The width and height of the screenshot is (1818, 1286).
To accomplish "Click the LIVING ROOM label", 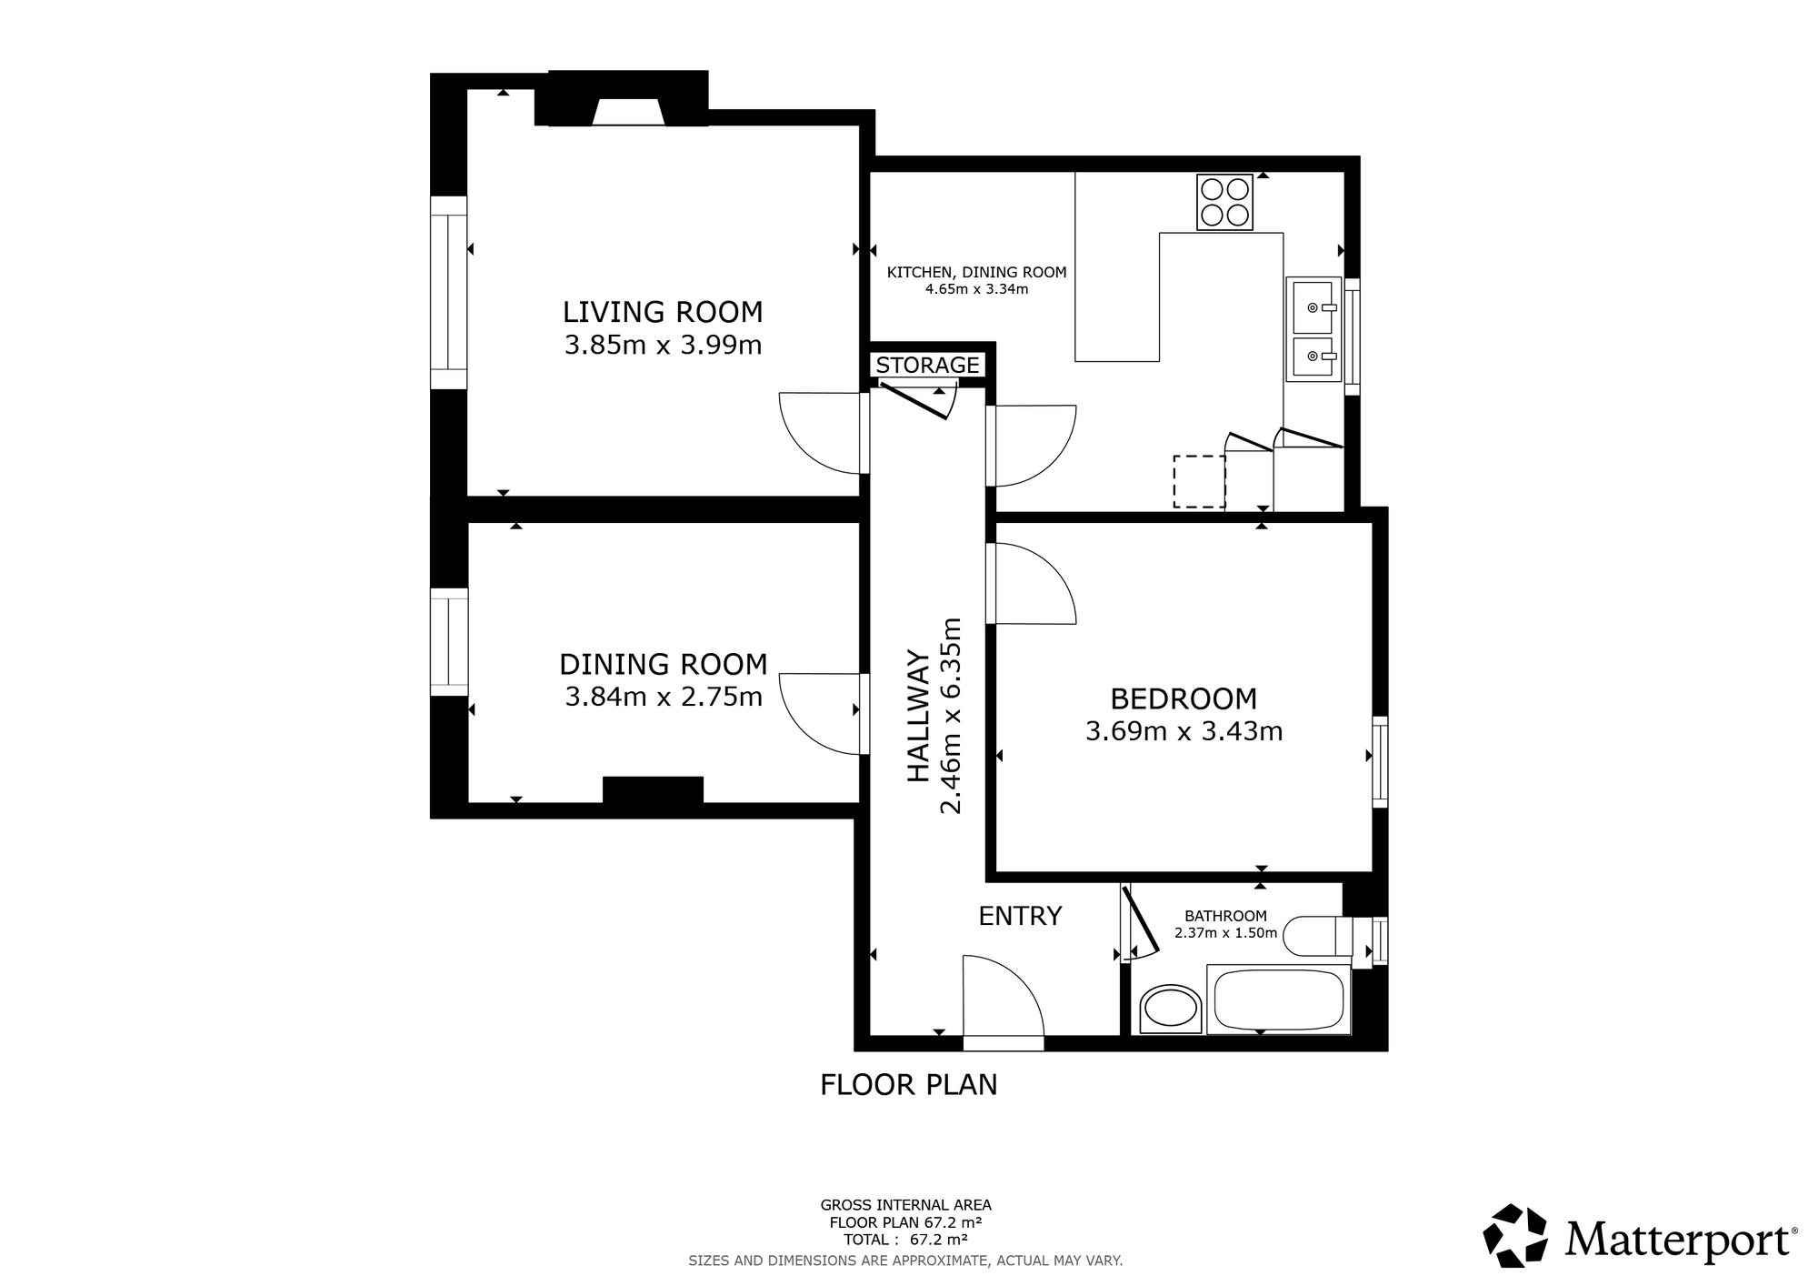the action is click(x=663, y=312).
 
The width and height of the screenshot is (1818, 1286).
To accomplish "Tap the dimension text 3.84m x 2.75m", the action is click(x=664, y=697).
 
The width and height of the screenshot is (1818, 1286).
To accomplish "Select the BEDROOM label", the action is click(x=1184, y=698).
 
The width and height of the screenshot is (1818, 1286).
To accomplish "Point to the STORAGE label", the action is click(x=927, y=365).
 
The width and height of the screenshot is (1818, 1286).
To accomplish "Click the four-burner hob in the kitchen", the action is click(x=1224, y=202).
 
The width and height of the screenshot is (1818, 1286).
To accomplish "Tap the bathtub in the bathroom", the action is click(x=1278, y=1000).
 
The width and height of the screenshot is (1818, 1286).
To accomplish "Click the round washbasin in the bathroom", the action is click(x=1170, y=1008).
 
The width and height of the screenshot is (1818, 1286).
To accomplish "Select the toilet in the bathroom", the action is click(x=1318, y=936).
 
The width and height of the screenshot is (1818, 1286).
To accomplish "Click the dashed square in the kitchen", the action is click(x=1199, y=481).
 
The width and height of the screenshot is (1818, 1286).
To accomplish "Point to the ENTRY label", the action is click(x=1020, y=916).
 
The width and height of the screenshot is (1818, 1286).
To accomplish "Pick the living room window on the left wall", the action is click(x=448, y=293).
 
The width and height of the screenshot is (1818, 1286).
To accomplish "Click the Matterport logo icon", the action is click(x=1515, y=1235).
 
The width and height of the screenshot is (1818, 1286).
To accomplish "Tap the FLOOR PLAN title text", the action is click(x=909, y=1085).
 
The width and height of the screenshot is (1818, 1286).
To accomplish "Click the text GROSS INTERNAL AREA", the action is click(x=906, y=1206).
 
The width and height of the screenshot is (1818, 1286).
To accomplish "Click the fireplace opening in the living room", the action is click(x=628, y=113).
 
